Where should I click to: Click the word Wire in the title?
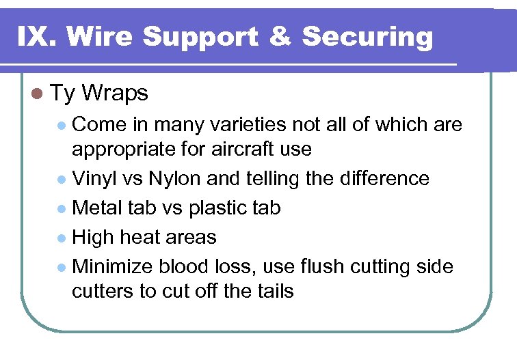point(98,36)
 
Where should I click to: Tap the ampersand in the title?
point(280,36)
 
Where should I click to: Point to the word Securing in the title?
point(367,37)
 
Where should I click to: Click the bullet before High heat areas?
point(62,238)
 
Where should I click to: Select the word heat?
point(139,237)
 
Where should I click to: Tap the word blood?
point(181,266)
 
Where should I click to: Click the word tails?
point(273,291)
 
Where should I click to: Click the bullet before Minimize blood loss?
point(62,267)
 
